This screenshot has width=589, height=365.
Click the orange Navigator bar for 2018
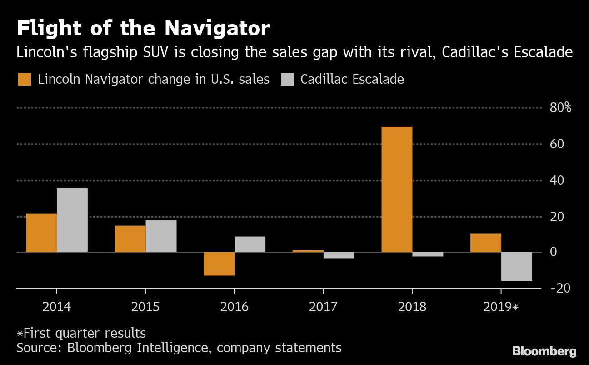click(x=397, y=189)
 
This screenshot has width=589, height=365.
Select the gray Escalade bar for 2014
click(x=72, y=220)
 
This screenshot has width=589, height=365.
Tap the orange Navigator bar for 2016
click(x=219, y=264)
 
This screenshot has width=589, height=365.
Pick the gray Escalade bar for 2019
click(x=517, y=266)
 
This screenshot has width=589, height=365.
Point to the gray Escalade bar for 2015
click(x=161, y=236)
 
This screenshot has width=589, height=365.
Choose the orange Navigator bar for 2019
click(x=486, y=243)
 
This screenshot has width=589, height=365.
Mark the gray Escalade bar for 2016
click(x=250, y=244)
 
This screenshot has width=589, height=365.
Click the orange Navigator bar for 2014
click(x=41, y=233)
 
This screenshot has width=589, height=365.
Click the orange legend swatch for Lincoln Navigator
click(x=25, y=79)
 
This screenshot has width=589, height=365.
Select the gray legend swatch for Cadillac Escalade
click(x=287, y=79)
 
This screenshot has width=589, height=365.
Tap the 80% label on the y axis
click(x=561, y=108)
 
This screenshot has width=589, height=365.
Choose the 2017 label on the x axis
click(x=323, y=307)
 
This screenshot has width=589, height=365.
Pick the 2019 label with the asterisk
click(x=501, y=307)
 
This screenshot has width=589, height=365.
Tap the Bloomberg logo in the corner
click(x=544, y=351)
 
